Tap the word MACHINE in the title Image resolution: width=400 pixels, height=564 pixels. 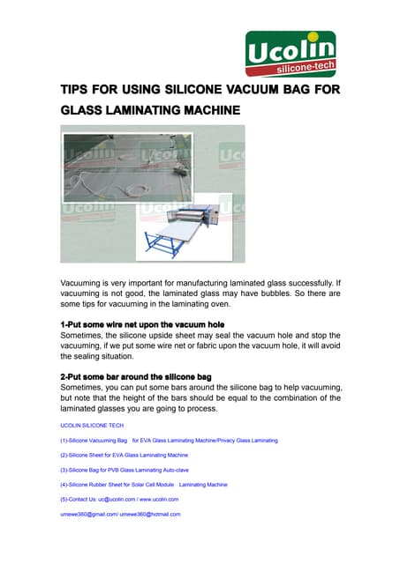coord(206,112)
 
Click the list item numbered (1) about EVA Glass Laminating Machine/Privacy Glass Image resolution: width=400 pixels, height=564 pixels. coord(169,440)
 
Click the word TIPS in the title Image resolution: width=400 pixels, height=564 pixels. coord(77,91)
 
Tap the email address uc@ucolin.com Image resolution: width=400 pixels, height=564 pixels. coord(116,499)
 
